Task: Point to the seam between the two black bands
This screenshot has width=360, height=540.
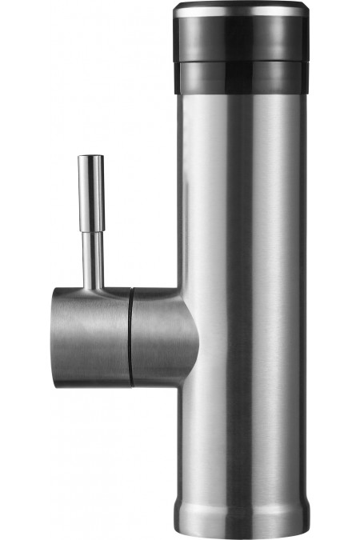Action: click(x=240, y=62)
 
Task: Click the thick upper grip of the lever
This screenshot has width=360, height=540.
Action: click(x=90, y=192)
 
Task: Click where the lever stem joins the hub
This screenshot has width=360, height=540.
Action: click(x=92, y=288)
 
